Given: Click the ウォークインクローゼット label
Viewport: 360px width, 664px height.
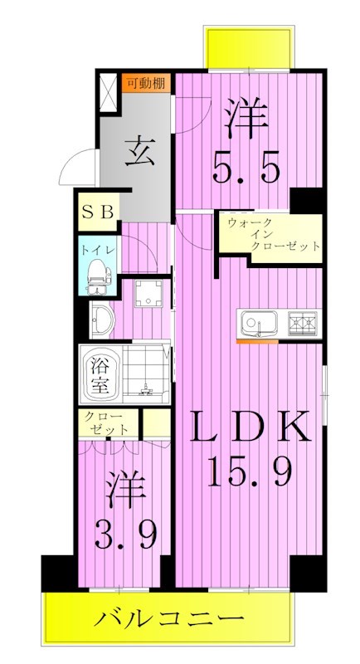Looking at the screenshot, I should click(272, 235).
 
